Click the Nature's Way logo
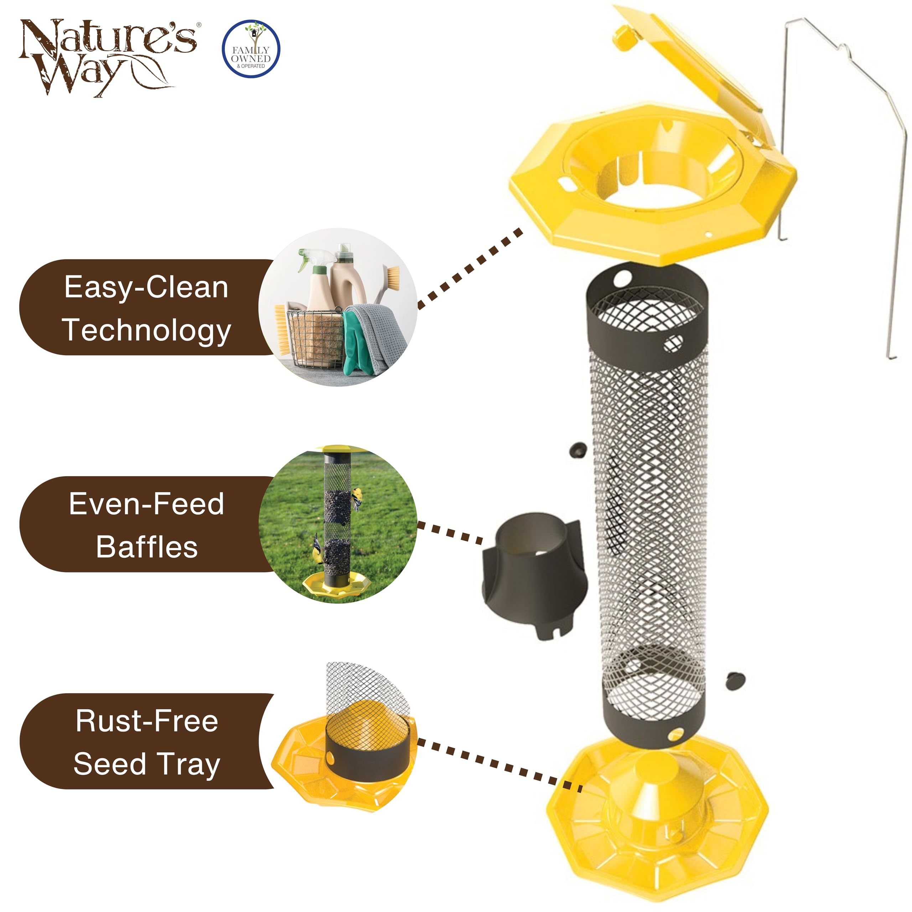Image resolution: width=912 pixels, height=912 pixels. [108, 57]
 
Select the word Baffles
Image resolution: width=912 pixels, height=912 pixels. [147, 547]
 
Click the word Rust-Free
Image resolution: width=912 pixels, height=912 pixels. [147, 721]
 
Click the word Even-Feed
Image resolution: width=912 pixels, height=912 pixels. [146, 504]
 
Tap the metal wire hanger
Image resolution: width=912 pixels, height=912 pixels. [845, 142]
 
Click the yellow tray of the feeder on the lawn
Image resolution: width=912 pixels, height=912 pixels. [337, 585]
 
